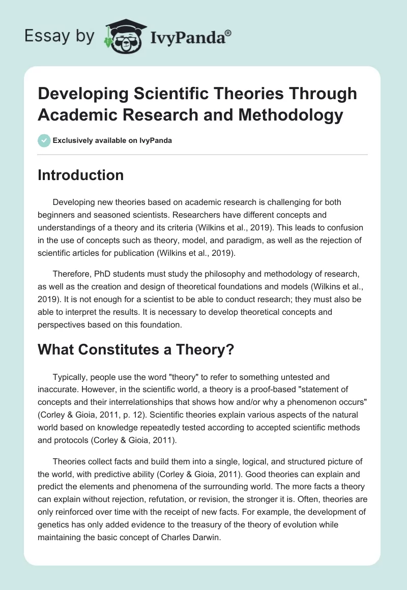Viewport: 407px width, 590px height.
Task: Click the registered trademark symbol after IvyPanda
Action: (x=228, y=34)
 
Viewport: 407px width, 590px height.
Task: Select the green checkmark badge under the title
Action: (x=44, y=140)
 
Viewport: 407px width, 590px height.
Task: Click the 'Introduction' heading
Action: (x=81, y=175)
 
